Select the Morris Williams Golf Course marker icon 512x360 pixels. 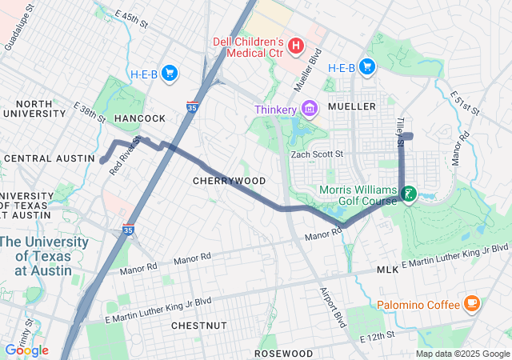coord(409,194)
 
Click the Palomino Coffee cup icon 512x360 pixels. coord(471,304)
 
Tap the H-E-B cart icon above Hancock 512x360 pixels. coord(169,74)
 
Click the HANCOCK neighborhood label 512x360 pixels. coord(139,118)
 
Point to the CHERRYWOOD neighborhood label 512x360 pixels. coord(229,181)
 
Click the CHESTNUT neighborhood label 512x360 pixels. coord(199,326)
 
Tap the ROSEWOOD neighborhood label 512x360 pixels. coord(283,353)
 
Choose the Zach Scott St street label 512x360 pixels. coord(316,154)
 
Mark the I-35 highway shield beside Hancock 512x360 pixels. coord(192,106)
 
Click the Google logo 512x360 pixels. coord(26,350)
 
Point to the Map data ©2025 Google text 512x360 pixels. coord(462,354)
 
